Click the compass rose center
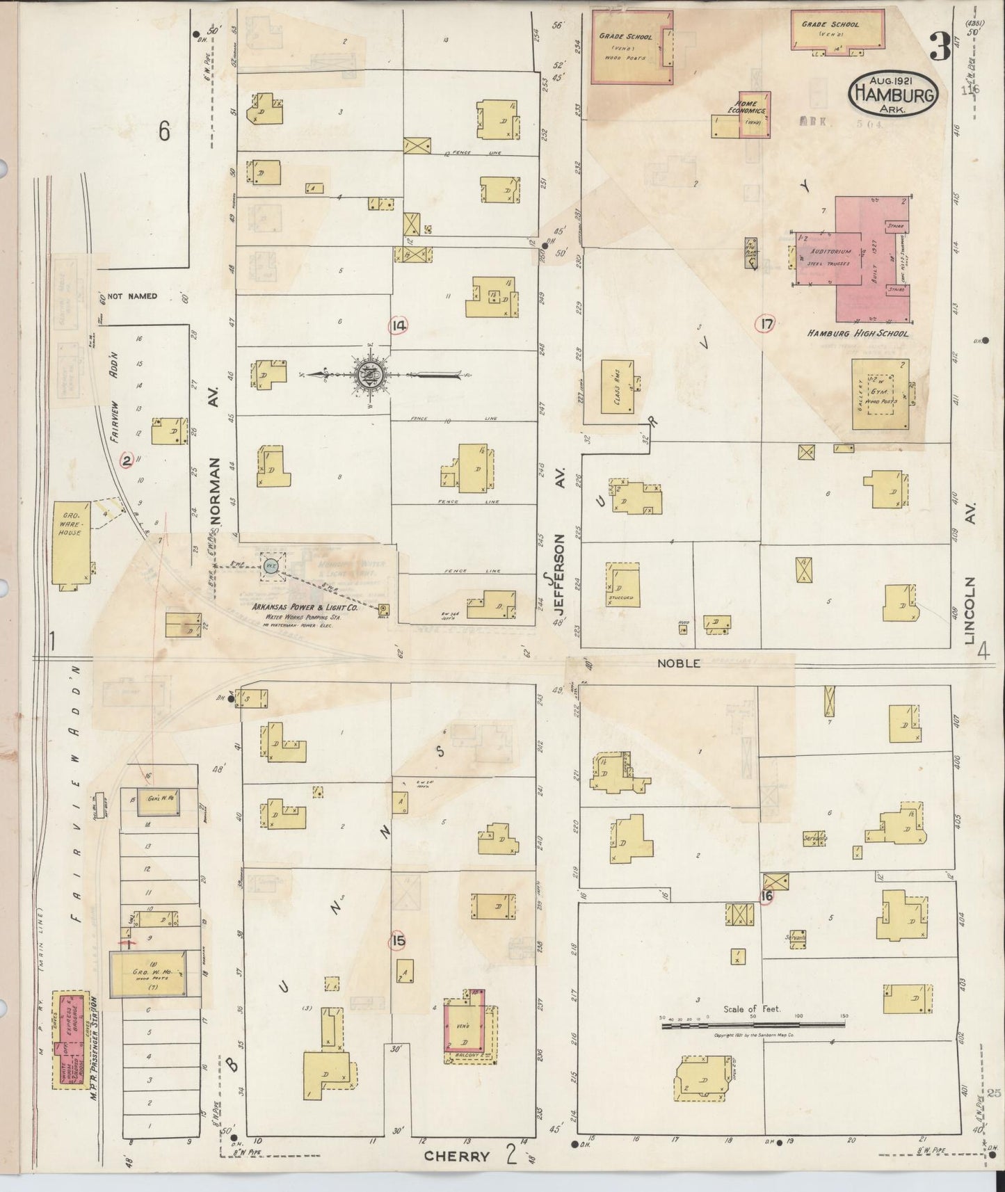[x=367, y=375]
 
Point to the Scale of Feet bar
[x=753, y=1024]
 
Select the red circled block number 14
[x=399, y=325]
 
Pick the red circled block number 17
[x=766, y=323]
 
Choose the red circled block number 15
[x=398, y=941]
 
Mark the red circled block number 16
[x=766, y=896]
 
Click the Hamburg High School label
[x=857, y=334]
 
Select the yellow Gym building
[x=879, y=394]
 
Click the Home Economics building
[x=753, y=114]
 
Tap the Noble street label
[x=678, y=663]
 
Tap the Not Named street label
[x=132, y=296]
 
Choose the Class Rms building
[x=617, y=386]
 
